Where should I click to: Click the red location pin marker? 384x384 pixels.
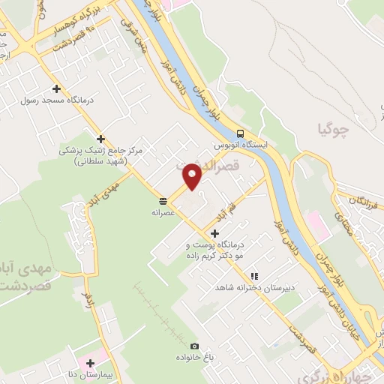(193, 176)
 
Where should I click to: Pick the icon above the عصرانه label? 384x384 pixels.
(163, 199)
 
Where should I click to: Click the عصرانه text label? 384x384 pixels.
(163, 211)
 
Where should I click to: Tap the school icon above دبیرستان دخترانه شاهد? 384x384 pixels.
(254, 275)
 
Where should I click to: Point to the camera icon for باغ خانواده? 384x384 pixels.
(194, 346)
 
